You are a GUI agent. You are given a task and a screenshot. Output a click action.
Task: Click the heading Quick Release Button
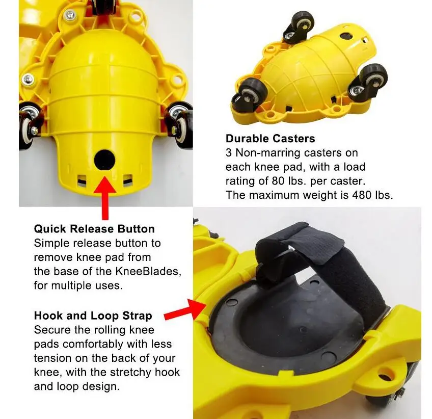94,229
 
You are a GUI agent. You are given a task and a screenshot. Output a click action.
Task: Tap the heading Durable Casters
270,139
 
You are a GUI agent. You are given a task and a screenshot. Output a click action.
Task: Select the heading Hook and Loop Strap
93,315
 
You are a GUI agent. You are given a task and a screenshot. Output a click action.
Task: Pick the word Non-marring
262,153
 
